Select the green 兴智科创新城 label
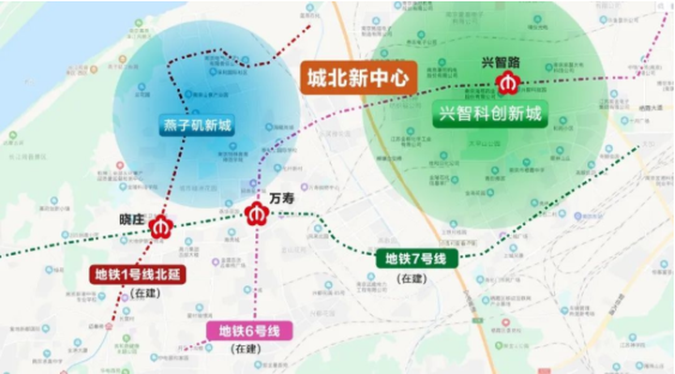(489, 116)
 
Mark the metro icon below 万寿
(256, 215)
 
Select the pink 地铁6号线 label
(249, 330)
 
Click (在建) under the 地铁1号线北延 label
(147, 293)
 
